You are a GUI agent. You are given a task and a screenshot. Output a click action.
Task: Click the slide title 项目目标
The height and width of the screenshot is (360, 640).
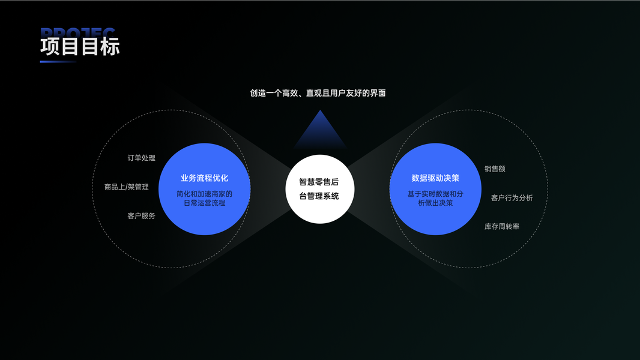[80, 47]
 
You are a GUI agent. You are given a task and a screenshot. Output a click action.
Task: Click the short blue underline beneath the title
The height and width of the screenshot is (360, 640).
[58, 61]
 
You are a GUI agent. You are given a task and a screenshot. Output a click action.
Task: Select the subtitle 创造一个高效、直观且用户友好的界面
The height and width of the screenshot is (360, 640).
[318, 93]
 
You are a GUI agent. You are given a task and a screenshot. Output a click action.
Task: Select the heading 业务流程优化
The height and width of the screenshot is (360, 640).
[204, 178]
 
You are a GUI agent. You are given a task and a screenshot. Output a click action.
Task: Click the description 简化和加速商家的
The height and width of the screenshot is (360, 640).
[204, 194]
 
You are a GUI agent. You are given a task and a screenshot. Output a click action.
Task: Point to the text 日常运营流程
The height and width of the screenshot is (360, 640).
[204, 203]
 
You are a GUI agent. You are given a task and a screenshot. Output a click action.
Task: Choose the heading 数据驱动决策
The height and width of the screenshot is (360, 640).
[435, 178]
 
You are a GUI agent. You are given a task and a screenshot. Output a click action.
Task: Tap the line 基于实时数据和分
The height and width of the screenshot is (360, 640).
[435, 194]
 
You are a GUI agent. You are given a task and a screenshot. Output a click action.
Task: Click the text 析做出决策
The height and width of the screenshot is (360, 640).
[435, 203]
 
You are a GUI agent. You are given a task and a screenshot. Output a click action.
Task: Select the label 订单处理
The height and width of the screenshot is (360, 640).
[141, 158]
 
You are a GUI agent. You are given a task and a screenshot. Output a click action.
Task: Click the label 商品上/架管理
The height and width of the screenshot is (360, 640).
[126, 187]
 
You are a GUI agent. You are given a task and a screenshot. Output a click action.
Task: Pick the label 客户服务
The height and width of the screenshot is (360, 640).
[141, 216]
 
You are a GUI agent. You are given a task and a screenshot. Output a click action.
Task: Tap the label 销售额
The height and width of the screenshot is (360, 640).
[495, 169]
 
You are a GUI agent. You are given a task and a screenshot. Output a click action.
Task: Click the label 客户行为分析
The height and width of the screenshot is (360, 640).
[512, 198]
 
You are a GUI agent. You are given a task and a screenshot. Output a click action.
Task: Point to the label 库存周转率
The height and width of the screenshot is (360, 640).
[502, 227]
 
